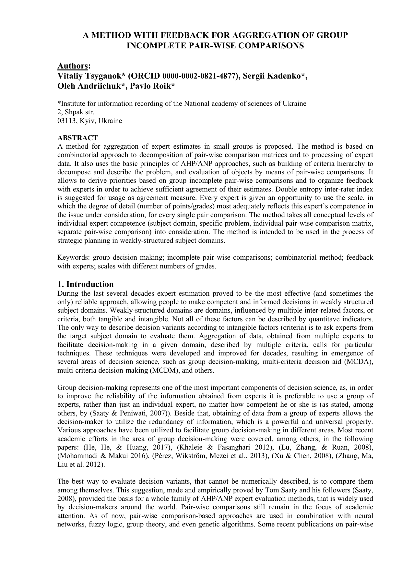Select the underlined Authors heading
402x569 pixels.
[x=73, y=66]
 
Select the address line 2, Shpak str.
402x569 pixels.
[x=76, y=112]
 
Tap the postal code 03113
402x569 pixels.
[x=66, y=121]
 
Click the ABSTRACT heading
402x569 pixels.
[x=77, y=138]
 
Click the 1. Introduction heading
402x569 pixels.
[x=86, y=284]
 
